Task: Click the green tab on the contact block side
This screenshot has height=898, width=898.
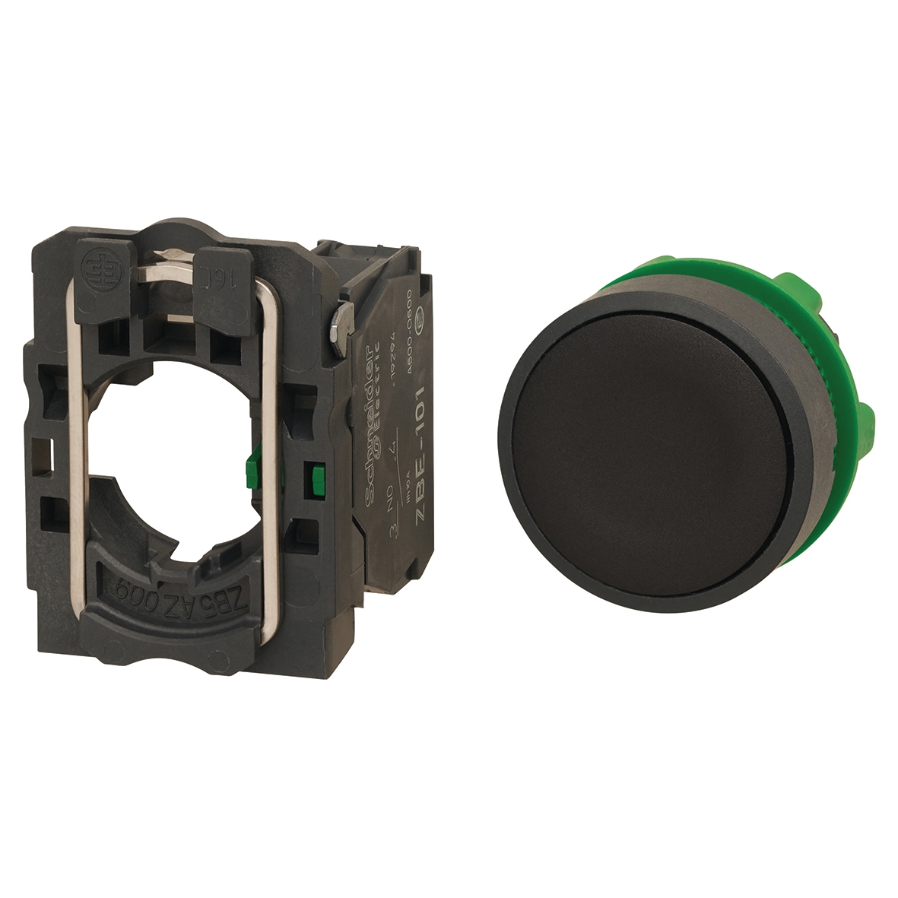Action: [x=312, y=476]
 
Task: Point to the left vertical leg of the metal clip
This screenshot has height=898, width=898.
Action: [x=73, y=456]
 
